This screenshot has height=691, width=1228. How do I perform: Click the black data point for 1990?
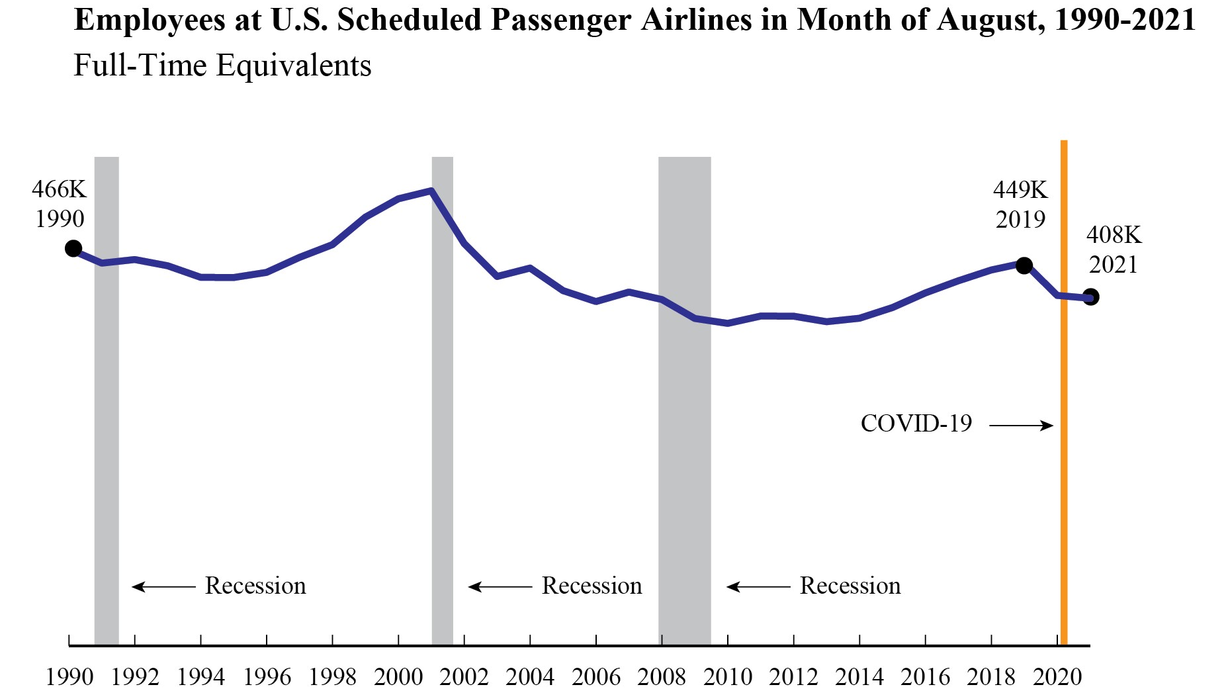73,249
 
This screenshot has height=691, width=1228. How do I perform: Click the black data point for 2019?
1024,266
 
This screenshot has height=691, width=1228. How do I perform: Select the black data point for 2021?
1091,297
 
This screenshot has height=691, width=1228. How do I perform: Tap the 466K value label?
59,190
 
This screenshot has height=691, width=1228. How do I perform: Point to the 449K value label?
1020,191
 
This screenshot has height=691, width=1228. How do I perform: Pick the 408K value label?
1114,235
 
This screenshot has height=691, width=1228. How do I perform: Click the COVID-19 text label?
916,424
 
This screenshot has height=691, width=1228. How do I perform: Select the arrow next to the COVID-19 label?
1021,426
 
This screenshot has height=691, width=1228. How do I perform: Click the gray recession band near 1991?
107,397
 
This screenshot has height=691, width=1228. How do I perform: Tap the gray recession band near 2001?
443,397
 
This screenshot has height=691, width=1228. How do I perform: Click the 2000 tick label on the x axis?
398,677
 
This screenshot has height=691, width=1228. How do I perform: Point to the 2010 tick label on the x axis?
728,677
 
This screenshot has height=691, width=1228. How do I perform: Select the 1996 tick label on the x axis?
267,677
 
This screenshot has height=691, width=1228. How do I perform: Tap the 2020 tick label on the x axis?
1057,677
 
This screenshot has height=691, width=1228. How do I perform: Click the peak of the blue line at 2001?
431,191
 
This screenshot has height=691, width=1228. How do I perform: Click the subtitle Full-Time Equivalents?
222,66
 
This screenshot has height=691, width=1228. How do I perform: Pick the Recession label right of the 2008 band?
850,586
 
